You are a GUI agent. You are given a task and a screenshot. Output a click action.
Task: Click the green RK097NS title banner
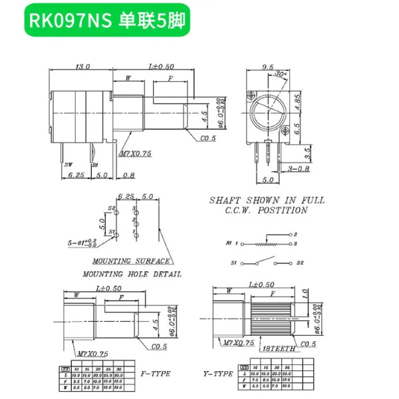(x=107, y=20)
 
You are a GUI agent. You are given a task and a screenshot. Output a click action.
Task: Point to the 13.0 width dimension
(x=83, y=66)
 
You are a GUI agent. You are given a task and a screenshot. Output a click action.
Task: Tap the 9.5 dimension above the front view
(x=268, y=66)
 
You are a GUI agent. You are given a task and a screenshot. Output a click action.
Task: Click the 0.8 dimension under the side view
(x=128, y=176)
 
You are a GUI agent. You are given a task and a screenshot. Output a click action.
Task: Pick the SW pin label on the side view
(x=69, y=164)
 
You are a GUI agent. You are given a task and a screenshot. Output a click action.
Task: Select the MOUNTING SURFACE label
(x=130, y=261)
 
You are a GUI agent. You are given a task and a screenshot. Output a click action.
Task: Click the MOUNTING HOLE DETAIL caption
(x=132, y=273)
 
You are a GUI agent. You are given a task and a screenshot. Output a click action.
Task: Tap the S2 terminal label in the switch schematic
(x=301, y=263)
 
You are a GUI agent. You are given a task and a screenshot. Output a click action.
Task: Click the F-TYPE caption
(x=157, y=374)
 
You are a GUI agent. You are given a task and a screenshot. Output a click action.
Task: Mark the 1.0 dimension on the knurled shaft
(x=305, y=293)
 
